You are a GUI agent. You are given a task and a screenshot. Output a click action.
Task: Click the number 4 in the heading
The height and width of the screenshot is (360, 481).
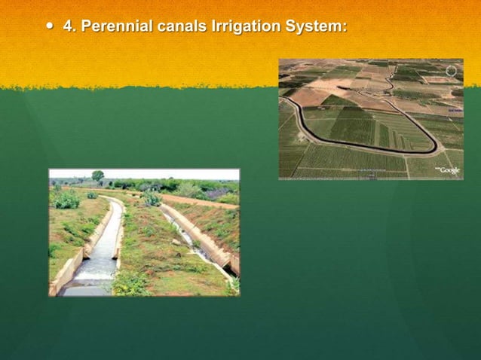pos(68,26)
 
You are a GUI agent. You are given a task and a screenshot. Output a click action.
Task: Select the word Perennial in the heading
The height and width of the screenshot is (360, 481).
pos(115,26)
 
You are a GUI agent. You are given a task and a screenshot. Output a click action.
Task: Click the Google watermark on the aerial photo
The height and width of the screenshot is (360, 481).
pos(448,170)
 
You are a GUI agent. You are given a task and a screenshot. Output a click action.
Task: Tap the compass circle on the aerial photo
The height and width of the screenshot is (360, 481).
pos(451,71)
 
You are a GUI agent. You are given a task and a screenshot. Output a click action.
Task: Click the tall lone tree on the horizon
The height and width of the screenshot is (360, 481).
pos(98,176)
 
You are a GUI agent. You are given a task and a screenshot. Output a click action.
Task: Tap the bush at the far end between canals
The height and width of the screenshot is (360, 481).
pos(152,199)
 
